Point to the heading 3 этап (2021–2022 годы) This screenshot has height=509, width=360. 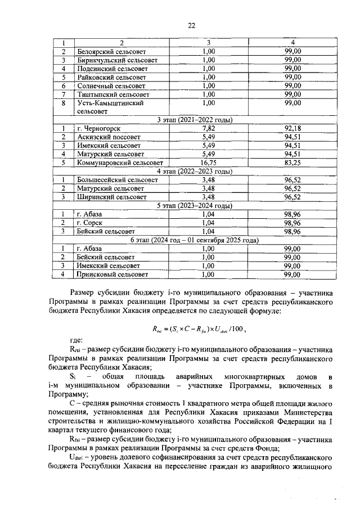(x=194, y=120)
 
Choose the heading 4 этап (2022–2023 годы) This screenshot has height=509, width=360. (x=194, y=172)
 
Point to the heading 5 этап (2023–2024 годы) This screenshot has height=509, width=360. (x=194, y=206)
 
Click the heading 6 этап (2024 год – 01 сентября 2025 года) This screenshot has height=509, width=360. (x=194, y=240)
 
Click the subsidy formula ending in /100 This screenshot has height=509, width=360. (x=195, y=330)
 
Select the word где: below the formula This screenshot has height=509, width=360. (x=76, y=341)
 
